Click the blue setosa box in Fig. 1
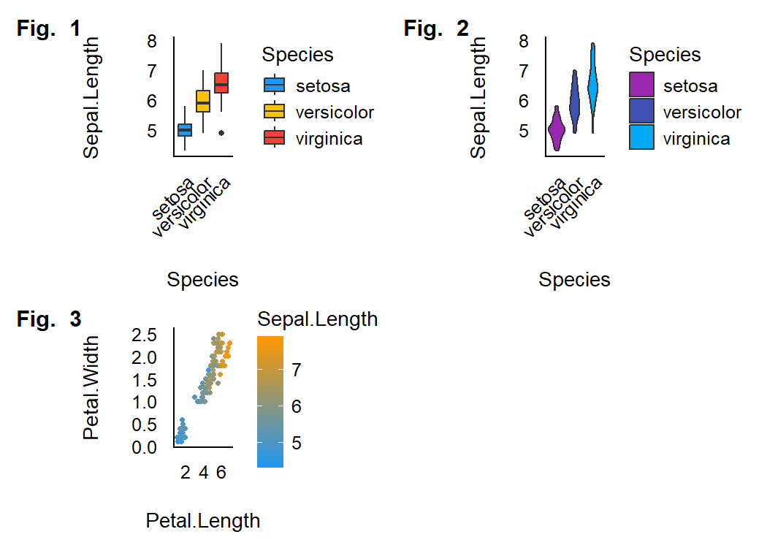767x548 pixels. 185,130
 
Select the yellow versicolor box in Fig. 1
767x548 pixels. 203,101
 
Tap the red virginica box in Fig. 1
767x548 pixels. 221,83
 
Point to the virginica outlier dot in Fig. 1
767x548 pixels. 221,133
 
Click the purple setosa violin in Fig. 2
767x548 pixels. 557,130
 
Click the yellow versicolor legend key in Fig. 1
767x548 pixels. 275,112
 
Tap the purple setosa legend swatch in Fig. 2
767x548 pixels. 642,85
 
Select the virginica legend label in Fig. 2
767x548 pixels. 696,139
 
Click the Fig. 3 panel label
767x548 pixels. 49,319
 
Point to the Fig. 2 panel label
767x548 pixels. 436,29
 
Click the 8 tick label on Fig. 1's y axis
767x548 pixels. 151,41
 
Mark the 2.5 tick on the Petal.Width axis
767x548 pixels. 144,335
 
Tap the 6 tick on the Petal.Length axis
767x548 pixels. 221,473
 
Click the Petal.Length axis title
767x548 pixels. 203,521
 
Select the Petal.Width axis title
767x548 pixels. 91,387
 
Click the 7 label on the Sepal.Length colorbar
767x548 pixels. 297,370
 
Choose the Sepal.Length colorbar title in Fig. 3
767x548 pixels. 318,319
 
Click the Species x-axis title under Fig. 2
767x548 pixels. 575,280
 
